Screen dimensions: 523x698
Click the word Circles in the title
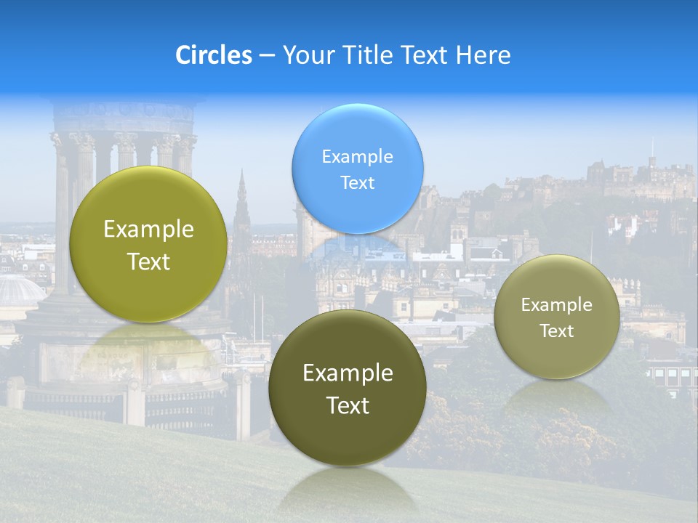click(214, 55)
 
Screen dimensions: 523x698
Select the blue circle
click(357, 169)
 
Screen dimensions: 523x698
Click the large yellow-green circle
click(148, 244)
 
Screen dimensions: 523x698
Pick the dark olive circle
click(348, 388)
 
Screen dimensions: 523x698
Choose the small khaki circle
click(556, 317)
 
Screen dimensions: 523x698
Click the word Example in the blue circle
click(357, 156)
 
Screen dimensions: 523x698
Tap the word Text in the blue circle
click(357, 182)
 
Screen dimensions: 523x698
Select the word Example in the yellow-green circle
click(148, 230)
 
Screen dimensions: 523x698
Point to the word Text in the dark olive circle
click(348, 405)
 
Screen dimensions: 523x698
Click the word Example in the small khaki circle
click(556, 304)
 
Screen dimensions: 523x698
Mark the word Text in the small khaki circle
click(556, 331)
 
